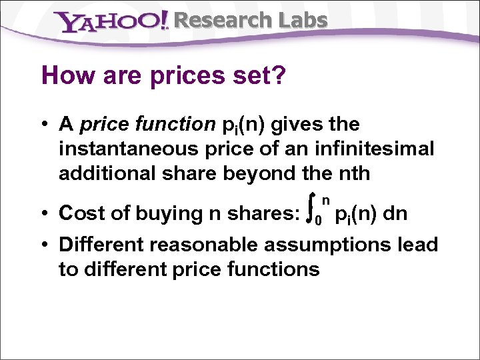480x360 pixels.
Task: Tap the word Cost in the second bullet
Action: tap(79, 213)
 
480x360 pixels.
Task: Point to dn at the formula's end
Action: tap(395, 213)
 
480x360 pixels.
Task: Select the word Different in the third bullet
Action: tap(101, 245)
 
